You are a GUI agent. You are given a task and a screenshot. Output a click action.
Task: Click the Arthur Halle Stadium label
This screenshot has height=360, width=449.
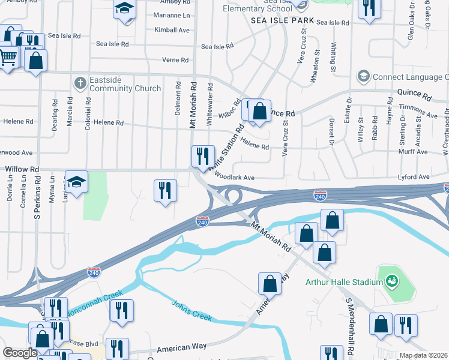click(344, 282)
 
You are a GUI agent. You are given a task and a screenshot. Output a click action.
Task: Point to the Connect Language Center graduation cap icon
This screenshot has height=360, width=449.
click(363, 76)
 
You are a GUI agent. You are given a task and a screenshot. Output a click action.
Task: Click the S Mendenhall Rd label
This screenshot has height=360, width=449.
click(350, 325)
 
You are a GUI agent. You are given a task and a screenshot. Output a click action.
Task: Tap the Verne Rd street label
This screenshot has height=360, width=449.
click(175, 60)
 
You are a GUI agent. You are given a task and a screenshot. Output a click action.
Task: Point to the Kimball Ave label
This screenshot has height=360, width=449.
click(172, 30)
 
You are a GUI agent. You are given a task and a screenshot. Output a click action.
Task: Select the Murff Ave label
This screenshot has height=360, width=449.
click(414, 152)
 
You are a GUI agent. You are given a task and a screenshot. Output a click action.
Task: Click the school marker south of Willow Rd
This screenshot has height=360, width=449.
click(77, 182)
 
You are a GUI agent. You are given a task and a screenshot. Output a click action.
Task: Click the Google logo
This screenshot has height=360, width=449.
click(20, 353)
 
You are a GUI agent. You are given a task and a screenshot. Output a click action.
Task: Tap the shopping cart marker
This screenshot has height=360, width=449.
click(8, 58)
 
